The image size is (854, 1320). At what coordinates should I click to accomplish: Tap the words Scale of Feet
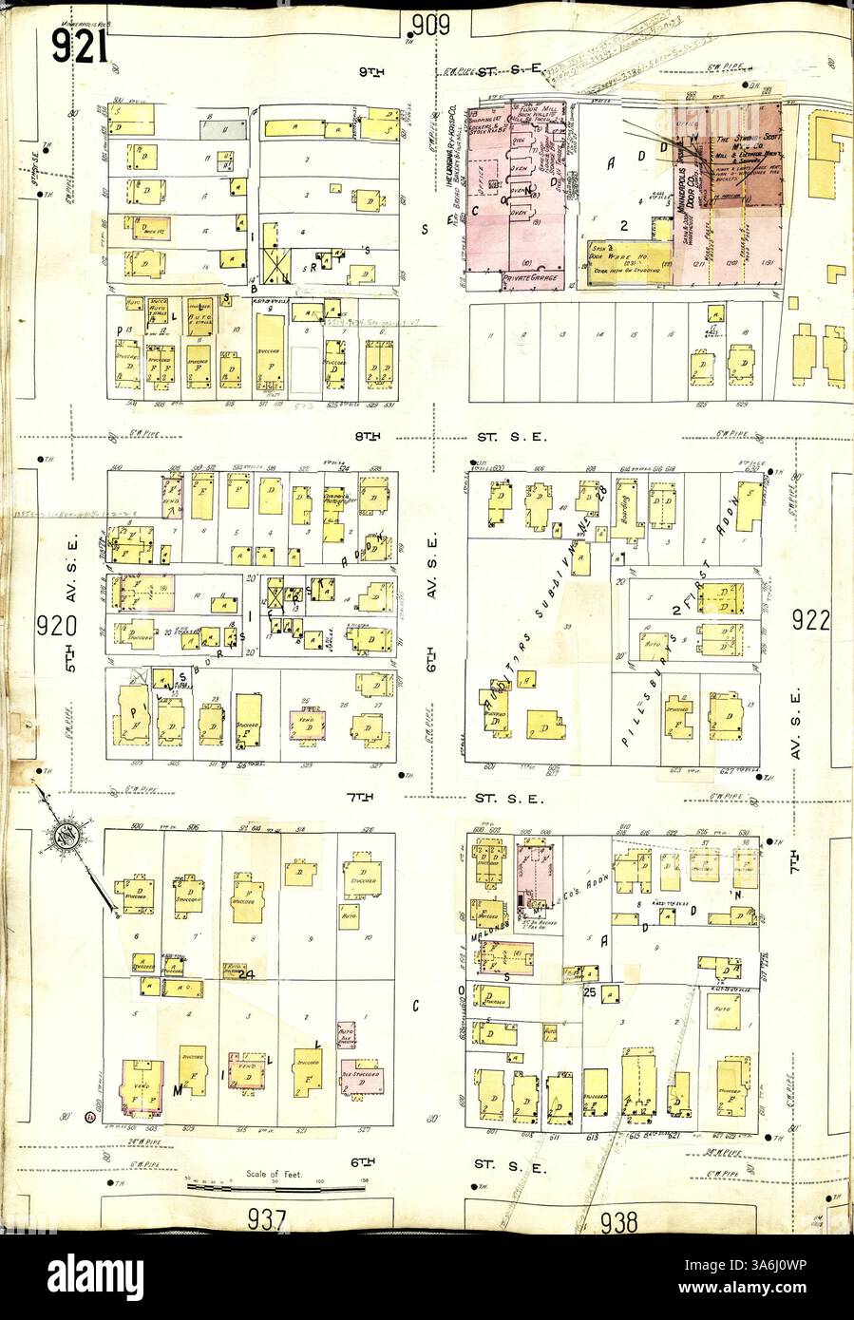tap(275, 1175)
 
